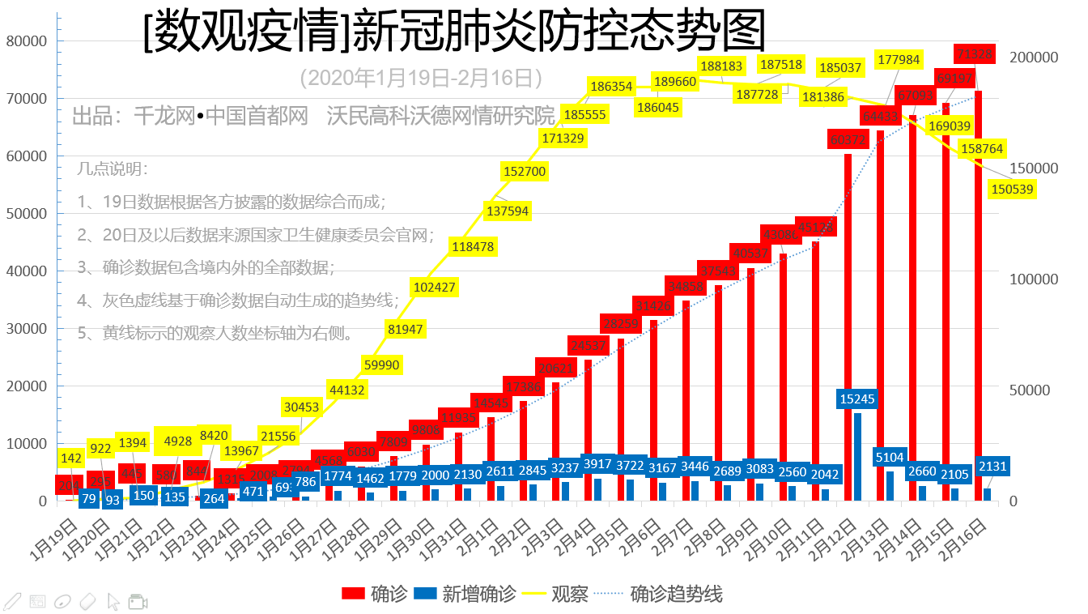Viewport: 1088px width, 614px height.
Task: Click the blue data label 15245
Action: pyautogui.click(x=857, y=399)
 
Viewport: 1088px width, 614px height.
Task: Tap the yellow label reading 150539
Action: pyautogui.click(x=1012, y=189)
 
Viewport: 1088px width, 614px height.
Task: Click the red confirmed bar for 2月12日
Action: pyautogui.click(x=848, y=324)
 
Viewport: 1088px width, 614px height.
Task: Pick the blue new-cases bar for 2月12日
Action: pyautogui.click(x=857, y=457)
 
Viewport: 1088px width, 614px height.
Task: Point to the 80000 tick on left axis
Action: pyautogui.click(x=27, y=41)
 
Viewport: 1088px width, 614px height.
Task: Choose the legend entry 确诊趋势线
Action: pyautogui.click(x=676, y=594)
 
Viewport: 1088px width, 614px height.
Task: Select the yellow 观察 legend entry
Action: pyautogui.click(x=569, y=594)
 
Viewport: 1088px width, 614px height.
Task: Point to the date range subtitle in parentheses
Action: pyautogui.click(x=420, y=78)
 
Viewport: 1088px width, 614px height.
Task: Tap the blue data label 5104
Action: pyautogui.click(x=890, y=457)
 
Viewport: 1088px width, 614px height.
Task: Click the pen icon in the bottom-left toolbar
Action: pyautogui.click(x=12, y=601)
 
